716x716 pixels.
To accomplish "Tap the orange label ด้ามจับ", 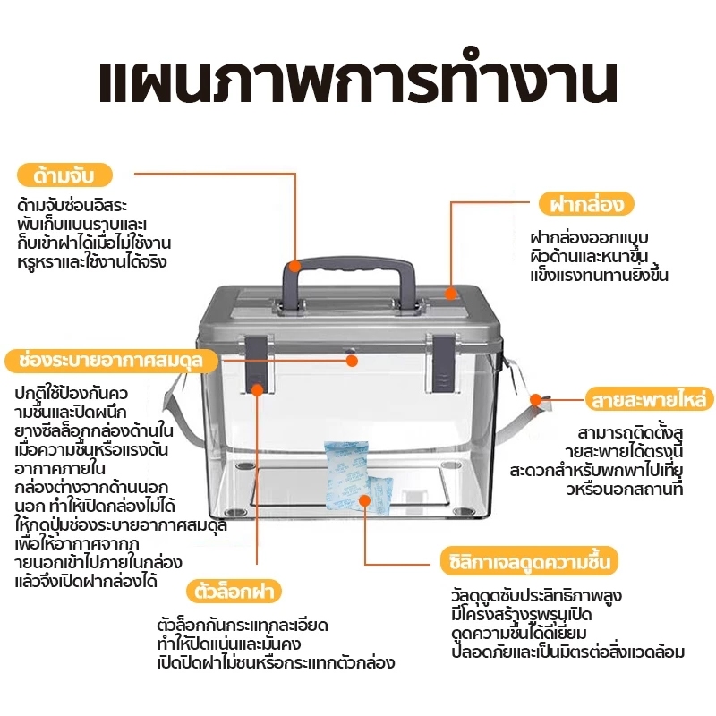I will [64, 173].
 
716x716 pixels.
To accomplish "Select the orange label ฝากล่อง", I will [586, 203].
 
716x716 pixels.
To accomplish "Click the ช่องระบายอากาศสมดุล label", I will [112, 360].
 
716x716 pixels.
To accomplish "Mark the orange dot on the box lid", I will [451, 293].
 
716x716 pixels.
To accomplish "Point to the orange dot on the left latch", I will [257, 388].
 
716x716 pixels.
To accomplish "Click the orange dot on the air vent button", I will [351, 361].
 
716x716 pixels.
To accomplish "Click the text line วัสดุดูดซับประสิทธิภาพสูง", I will [536, 595].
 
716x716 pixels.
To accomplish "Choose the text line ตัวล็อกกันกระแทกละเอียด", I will [242, 625].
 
